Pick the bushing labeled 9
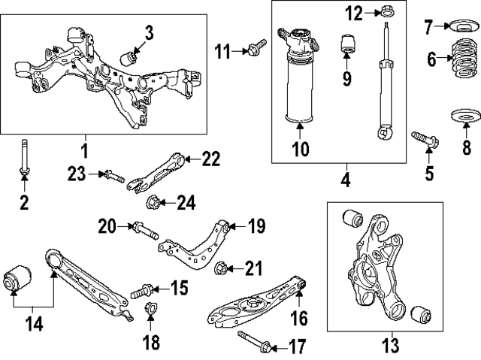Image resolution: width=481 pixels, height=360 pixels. pos(348,44)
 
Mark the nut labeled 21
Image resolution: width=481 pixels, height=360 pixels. pos(222,268)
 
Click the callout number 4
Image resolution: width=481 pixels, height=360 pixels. pos(345,180)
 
